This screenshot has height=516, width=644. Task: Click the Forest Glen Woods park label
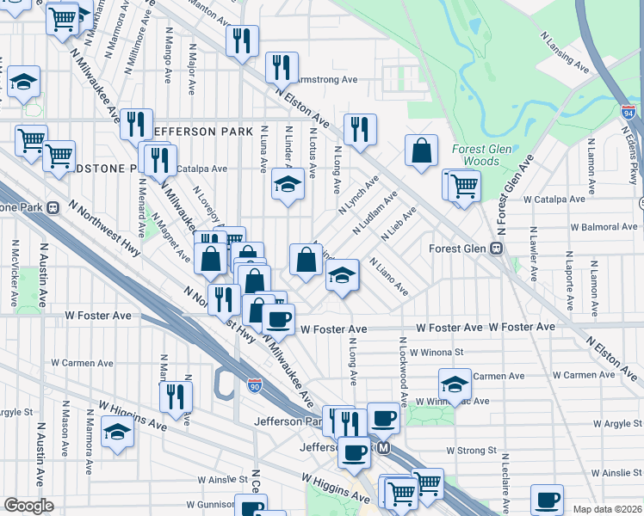[x=475, y=155]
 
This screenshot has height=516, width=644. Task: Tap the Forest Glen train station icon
[x=496, y=249]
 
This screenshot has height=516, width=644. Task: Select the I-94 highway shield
[x=629, y=111]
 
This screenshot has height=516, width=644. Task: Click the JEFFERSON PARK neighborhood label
[x=202, y=131]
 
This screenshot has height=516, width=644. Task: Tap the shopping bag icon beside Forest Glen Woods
[x=422, y=151]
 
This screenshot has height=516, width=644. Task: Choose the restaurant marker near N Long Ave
[x=360, y=129]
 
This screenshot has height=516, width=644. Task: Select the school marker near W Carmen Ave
[x=455, y=383]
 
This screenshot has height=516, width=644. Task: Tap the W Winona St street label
[x=437, y=352]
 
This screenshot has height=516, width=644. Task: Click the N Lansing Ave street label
[x=564, y=53]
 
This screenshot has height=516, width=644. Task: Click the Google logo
[x=28, y=506]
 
